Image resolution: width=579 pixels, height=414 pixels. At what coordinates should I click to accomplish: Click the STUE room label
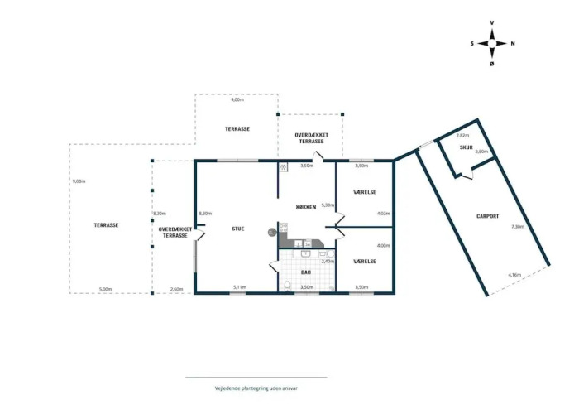coord(238,229)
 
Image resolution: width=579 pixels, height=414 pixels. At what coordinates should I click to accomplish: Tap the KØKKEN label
coord(306,207)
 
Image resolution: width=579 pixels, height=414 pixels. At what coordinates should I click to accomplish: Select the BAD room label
coord(306,272)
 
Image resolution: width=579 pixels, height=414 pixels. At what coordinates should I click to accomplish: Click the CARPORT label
coord(487,216)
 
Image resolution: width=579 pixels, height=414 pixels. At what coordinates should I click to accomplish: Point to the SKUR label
coord(466,147)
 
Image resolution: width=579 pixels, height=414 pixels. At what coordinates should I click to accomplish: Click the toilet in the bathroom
coord(288,286)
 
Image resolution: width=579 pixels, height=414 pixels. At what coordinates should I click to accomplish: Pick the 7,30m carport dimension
coord(518,227)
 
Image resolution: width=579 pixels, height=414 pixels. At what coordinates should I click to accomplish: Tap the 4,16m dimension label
coord(514,275)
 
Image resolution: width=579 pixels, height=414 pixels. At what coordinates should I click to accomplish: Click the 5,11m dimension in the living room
coord(240,287)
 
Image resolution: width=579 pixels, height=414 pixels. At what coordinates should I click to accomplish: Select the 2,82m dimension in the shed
coord(462,135)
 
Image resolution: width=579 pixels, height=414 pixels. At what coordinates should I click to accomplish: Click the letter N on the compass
coord(513,44)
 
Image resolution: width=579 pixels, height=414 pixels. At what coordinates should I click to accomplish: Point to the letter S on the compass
coord(472,44)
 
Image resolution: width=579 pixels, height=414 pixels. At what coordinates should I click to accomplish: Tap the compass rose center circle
coord(492,44)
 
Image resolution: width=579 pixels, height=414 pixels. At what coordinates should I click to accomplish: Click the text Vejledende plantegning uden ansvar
coord(256,388)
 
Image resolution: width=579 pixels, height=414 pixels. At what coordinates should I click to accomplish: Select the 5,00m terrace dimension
coord(106,289)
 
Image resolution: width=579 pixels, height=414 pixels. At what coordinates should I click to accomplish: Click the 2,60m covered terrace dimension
coord(176,289)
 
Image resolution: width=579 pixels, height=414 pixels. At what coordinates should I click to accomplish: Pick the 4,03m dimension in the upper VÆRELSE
coord(383,214)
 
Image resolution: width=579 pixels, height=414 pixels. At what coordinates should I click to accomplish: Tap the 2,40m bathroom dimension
coord(328,262)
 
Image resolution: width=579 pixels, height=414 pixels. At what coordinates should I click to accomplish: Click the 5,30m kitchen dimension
coord(328,205)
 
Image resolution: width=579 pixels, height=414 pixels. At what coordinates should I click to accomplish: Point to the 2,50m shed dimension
coord(481,152)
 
